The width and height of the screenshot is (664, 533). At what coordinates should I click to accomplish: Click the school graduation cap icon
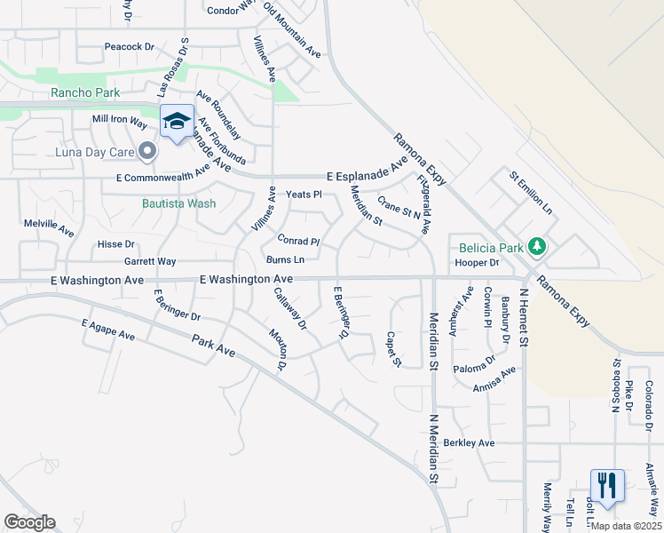coord(177,122)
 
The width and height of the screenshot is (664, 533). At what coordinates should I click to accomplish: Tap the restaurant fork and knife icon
coord(607,486)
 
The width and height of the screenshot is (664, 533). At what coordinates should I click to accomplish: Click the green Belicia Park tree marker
coord(535,244)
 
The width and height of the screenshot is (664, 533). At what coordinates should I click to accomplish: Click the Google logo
coord(29,522)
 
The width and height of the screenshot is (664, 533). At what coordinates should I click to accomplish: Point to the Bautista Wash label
coord(179,203)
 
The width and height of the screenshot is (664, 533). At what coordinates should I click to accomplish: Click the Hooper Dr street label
coord(478,263)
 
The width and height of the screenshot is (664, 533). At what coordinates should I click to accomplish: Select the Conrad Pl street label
coord(297,241)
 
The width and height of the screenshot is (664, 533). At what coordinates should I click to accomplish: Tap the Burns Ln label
coord(285,260)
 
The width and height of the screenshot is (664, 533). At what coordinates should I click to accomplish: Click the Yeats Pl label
coord(303,194)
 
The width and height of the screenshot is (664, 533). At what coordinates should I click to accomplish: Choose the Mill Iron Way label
coord(119,119)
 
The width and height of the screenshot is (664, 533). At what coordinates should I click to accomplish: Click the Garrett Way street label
coord(150,261)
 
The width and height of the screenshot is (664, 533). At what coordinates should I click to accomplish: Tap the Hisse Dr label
coord(116,243)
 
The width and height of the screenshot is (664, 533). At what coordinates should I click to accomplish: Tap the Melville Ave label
coord(50,228)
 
